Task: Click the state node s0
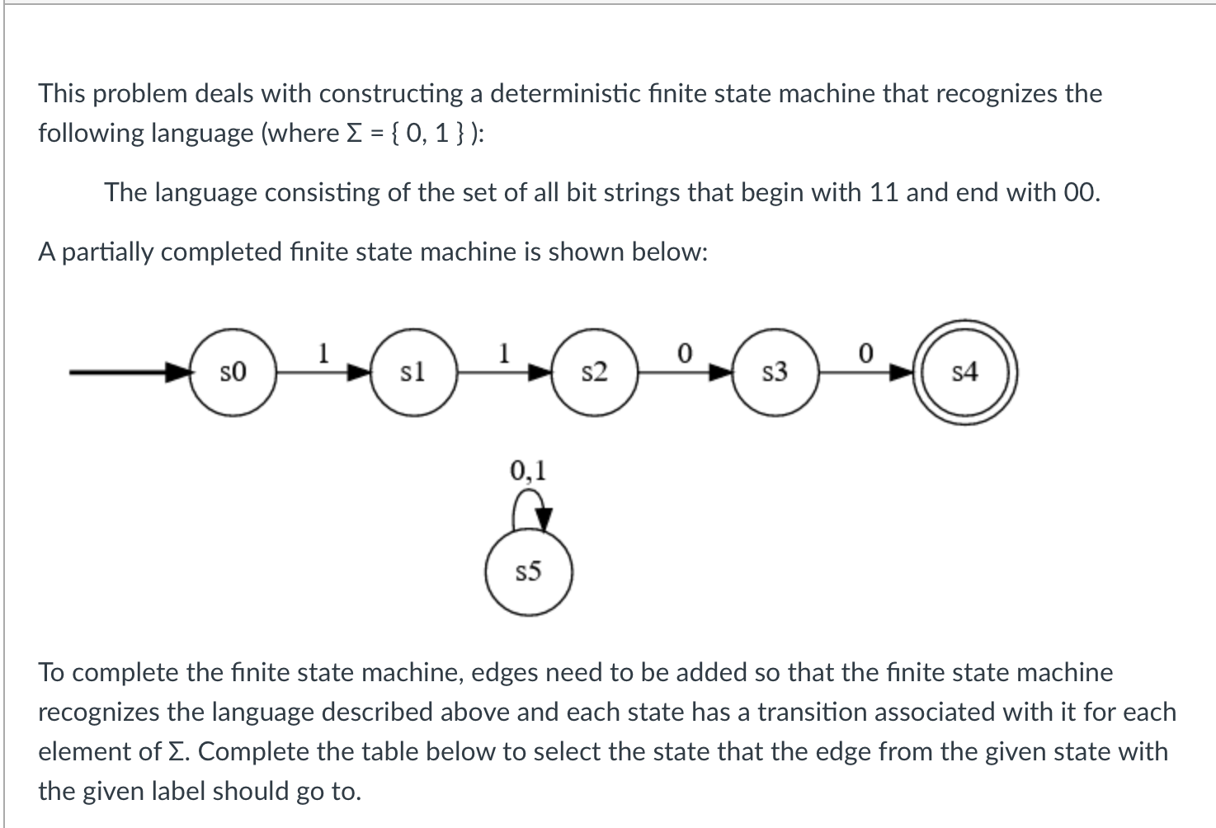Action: point(233,373)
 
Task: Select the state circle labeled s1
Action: point(412,373)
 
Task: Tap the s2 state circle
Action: point(594,373)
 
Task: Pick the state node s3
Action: point(775,373)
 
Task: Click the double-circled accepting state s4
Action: point(964,373)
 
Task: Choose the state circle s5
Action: point(528,572)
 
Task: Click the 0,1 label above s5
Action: point(528,470)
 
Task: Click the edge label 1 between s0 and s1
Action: point(324,353)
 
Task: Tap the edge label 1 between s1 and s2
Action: point(504,353)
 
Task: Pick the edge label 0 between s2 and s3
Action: point(684,353)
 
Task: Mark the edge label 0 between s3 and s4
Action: point(865,353)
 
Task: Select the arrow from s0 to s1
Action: point(323,373)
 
